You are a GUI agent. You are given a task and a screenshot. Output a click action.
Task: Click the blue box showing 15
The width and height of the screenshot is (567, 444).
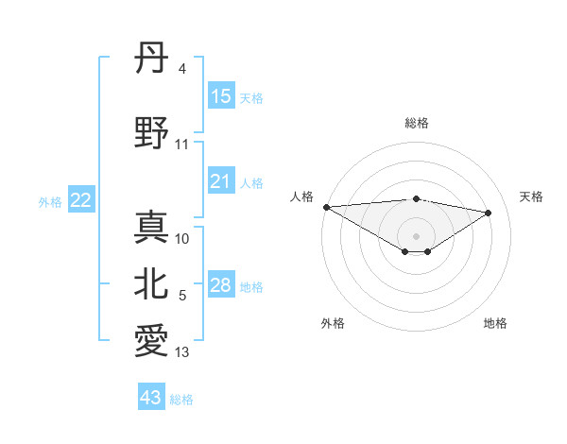(221, 96)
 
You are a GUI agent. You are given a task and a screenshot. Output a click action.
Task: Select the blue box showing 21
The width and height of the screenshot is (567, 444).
(221, 181)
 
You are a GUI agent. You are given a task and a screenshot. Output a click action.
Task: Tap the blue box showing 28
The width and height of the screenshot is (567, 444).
(221, 285)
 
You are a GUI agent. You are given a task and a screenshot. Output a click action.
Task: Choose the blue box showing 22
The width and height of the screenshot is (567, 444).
(81, 200)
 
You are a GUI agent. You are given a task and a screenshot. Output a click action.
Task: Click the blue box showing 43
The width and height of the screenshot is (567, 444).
(151, 398)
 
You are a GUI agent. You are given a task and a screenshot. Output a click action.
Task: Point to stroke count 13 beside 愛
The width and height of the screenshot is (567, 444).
(182, 353)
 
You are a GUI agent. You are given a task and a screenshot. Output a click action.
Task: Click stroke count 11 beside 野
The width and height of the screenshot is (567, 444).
(182, 145)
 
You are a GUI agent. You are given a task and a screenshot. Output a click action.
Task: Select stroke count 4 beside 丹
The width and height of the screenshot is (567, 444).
(181, 69)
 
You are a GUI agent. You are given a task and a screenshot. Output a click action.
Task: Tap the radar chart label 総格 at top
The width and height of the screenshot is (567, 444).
(417, 123)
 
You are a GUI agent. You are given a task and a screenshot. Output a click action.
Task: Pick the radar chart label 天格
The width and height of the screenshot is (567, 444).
(532, 196)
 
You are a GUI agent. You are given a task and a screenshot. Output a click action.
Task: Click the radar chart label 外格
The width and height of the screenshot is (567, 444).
(333, 323)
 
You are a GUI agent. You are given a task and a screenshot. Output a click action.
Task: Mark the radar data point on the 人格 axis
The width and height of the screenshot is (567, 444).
(326, 207)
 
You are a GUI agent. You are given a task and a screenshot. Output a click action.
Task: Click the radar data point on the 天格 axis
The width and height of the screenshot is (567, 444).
(489, 213)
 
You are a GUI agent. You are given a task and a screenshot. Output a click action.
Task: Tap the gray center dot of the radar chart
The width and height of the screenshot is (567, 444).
(416, 235)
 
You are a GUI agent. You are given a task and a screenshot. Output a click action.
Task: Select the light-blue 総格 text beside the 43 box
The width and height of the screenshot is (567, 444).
(181, 400)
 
